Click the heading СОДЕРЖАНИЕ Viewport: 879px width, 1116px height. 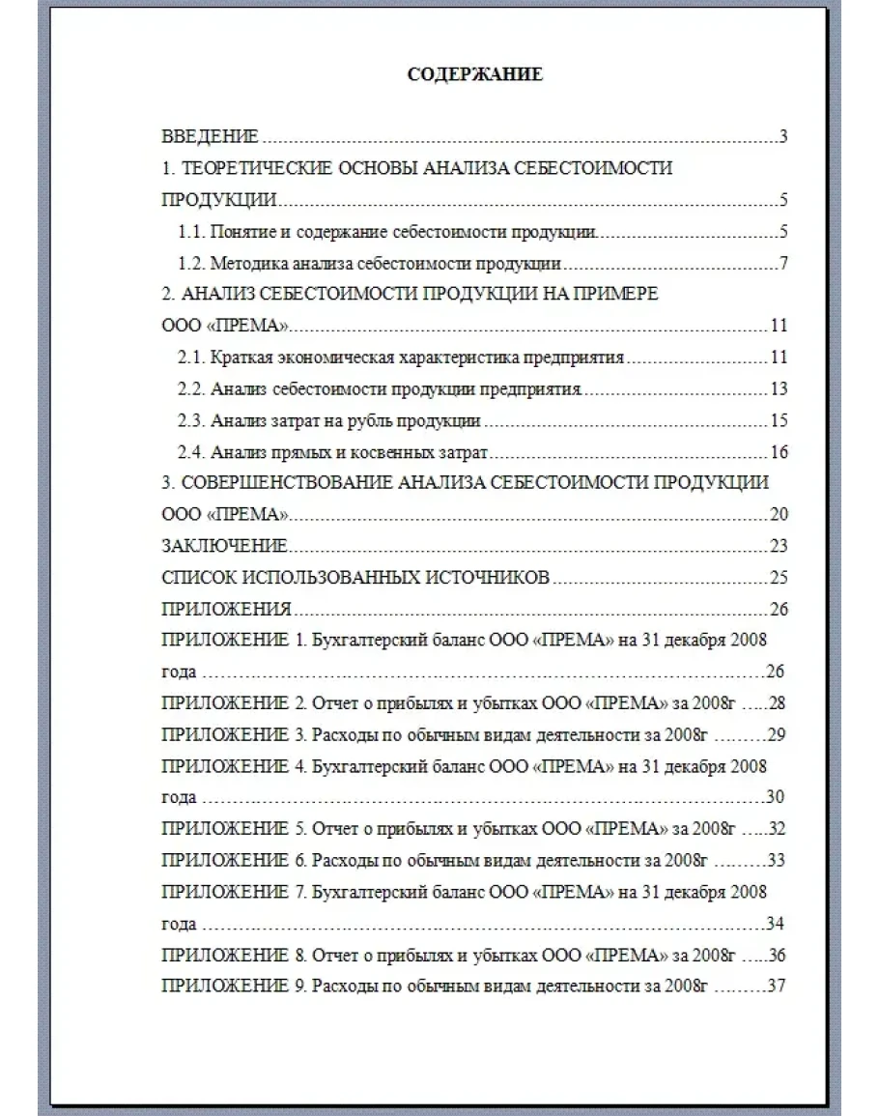pos(474,74)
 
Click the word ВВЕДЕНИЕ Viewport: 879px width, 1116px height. pos(210,136)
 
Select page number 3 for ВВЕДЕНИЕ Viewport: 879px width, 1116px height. pos(783,136)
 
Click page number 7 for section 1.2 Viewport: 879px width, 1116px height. pos(783,264)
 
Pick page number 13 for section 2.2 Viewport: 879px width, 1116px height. pos(779,389)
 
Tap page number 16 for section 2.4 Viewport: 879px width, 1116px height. pos(779,452)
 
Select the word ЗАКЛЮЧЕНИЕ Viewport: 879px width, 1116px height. pos(224,547)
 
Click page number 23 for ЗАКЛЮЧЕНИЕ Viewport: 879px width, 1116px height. pos(779,547)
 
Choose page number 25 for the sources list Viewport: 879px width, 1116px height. pos(779,578)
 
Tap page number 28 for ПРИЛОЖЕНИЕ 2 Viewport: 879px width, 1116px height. pos(776,703)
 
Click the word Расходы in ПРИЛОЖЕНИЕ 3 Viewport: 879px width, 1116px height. pos(340,734)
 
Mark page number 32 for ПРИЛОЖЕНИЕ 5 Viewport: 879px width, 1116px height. pos(776,829)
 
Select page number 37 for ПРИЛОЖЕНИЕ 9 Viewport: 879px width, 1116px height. pos(776,987)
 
